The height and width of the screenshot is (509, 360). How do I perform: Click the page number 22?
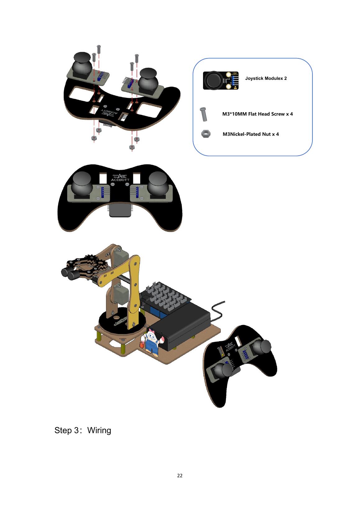(x=180, y=476)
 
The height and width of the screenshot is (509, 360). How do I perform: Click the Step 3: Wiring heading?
(x=83, y=430)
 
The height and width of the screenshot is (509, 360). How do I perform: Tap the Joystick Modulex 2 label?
(x=266, y=78)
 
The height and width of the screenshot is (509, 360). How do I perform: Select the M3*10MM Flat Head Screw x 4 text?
(x=257, y=114)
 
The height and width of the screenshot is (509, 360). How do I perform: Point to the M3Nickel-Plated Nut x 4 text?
(x=251, y=134)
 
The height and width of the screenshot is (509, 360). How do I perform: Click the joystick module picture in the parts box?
(x=221, y=80)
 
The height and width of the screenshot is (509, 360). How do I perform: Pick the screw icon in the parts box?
(x=204, y=114)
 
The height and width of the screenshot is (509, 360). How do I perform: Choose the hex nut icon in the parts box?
(x=206, y=134)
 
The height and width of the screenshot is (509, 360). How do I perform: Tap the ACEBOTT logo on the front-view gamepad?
(x=120, y=177)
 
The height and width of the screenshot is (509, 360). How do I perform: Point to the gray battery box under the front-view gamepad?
(x=120, y=210)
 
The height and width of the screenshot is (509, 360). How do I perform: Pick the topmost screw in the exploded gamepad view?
(x=99, y=49)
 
